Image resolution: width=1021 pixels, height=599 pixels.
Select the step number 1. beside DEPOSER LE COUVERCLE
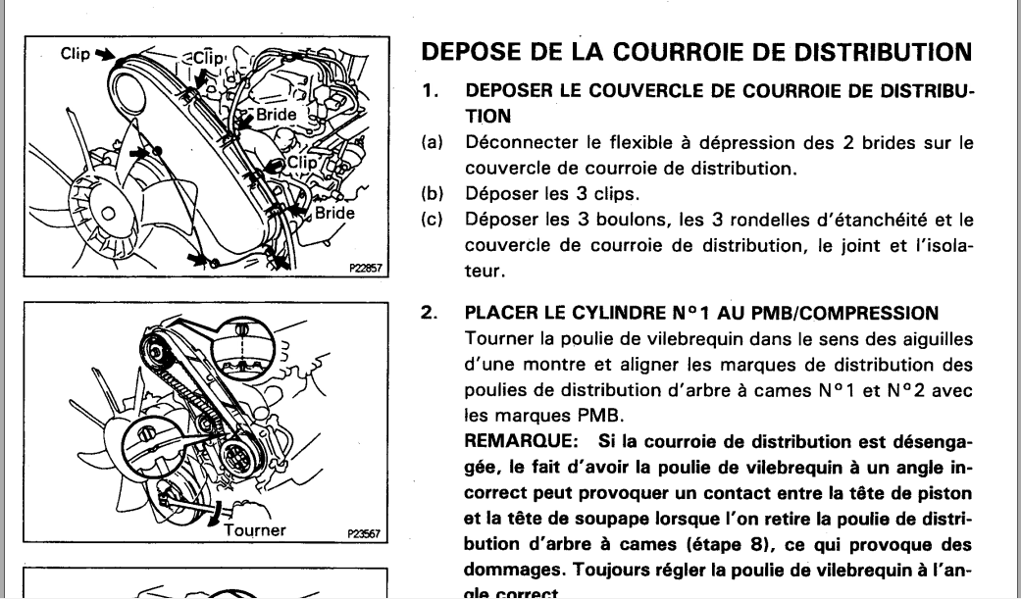pyautogui.click(x=429, y=90)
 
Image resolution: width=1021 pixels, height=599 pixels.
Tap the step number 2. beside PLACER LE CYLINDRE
pyautogui.click(x=429, y=315)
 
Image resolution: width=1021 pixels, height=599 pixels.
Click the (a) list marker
pyautogui.click(x=430, y=143)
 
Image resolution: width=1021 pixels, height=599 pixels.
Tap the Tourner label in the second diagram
pyautogui.click(x=255, y=531)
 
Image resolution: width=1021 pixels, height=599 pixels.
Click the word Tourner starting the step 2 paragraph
pyautogui.click(x=500, y=339)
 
